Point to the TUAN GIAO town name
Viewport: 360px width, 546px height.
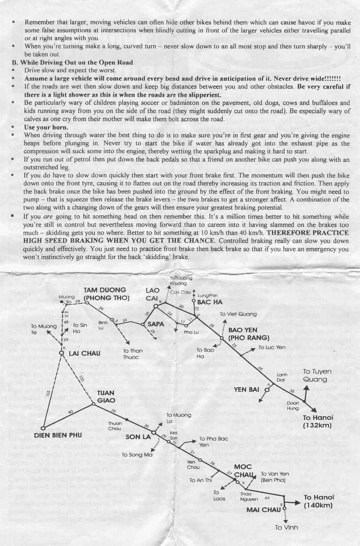(x=106, y=396)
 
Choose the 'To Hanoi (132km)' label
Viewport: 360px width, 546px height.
(x=318, y=420)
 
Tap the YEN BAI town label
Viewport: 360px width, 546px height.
(x=247, y=390)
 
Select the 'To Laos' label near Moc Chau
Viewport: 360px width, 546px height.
(x=219, y=495)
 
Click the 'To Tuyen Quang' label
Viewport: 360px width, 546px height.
(x=317, y=375)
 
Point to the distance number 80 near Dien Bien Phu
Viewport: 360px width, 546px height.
(x=70, y=412)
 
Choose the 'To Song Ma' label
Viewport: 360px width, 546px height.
(x=137, y=454)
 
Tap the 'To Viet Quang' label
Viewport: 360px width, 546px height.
(x=238, y=314)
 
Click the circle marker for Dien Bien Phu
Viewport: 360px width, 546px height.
(x=43, y=427)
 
